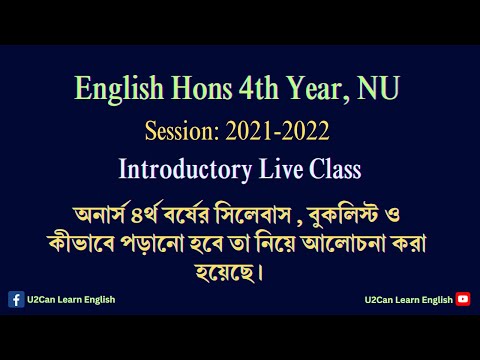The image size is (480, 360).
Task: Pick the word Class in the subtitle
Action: (x=329, y=166)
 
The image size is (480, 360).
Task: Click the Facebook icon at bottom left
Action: (x=16, y=299)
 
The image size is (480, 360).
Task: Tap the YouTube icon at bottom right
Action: (x=463, y=299)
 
